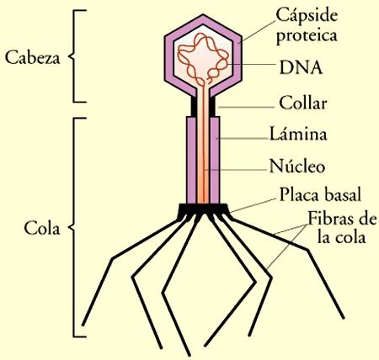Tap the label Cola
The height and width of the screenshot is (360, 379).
(x=40, y=228)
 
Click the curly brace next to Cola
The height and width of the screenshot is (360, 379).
(x=77, y=227)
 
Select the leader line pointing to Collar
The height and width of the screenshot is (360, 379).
(x=244, y=107)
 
